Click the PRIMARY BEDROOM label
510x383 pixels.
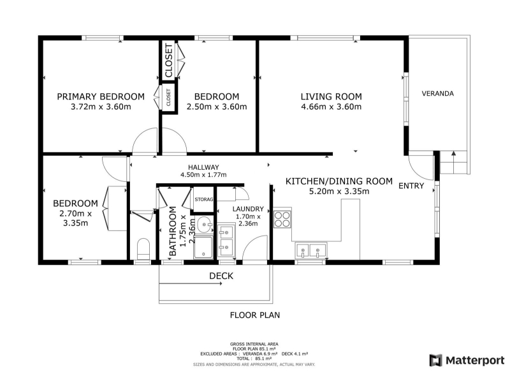click(101, 97)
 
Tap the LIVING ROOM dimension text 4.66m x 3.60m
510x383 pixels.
click(331, 107)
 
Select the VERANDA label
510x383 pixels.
click(437, 94)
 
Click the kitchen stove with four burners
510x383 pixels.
click(282, 219)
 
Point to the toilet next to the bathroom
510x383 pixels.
click(143, 248)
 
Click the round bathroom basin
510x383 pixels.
click(204, 225)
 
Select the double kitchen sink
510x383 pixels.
click(310, 251)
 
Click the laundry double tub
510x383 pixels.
click(226, 240)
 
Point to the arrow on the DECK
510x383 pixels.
click(191, 283)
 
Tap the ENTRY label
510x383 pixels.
click(411, 186)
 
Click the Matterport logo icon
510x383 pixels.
click(436, 360)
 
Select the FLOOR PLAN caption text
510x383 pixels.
click(254, 315)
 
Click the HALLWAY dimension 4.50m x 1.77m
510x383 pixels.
click(203, 174)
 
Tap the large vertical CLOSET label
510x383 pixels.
click(169, 61)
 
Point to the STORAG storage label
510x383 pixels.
click(203, 199)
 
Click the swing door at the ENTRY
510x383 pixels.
click(421, 167)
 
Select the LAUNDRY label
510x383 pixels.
click(248, 209)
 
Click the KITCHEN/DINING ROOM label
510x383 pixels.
click(339, 181)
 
